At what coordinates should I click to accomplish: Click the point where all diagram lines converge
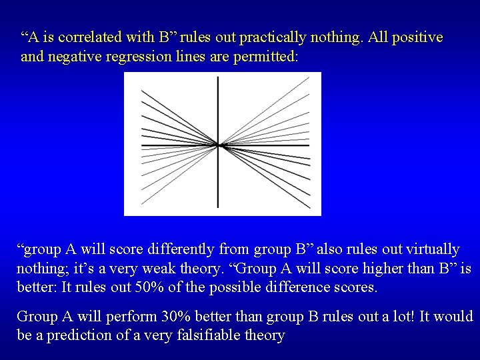(x=218, y=145)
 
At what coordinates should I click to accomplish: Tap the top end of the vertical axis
(x=218, y=78)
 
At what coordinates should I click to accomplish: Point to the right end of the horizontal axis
(x=309, y=145)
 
